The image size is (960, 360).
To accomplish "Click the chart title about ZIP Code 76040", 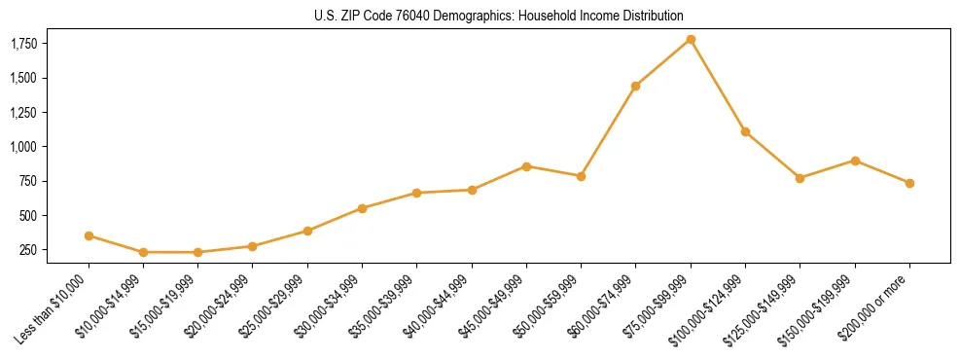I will coord(499,16).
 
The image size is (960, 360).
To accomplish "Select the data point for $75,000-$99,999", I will coord(691,39).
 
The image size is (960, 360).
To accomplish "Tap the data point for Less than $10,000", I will coord(89,235).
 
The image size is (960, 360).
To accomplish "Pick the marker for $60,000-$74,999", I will coord(635,86).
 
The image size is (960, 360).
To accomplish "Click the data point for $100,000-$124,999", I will coord(745,131).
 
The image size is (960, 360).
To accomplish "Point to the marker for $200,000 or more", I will coord(909,183).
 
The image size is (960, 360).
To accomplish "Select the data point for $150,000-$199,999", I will coord(855,161).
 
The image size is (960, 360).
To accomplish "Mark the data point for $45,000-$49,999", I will coord(526,166).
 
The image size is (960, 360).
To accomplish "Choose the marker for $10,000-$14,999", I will coord(143,252).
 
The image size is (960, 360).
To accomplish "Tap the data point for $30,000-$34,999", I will coord(362,208).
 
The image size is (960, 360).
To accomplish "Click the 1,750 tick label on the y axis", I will coord(23,44).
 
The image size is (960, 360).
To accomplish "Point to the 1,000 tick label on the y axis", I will coord(23,147).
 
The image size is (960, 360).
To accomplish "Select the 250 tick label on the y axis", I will coord(29,250).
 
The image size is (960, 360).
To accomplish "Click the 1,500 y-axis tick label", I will coord(23,78).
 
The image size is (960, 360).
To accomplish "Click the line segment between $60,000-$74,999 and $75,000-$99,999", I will coord(663,62).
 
